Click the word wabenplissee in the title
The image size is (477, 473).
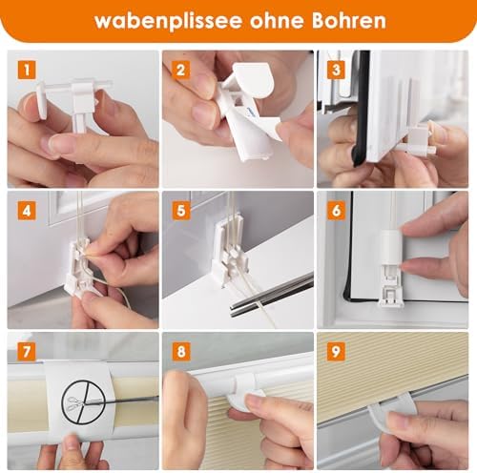168,21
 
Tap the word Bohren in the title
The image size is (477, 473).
349,20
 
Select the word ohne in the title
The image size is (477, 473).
277,20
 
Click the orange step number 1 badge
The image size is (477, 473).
27,71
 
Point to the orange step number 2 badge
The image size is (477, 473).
181,71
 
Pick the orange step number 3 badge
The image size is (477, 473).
336,71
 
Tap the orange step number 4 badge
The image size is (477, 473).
27,211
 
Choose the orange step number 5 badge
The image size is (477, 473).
181,211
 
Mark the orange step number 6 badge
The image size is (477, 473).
336,211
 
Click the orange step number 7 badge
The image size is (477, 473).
27,352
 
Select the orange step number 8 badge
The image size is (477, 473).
181,352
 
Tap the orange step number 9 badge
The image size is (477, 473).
336,352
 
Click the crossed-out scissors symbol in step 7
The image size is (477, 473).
83,402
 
